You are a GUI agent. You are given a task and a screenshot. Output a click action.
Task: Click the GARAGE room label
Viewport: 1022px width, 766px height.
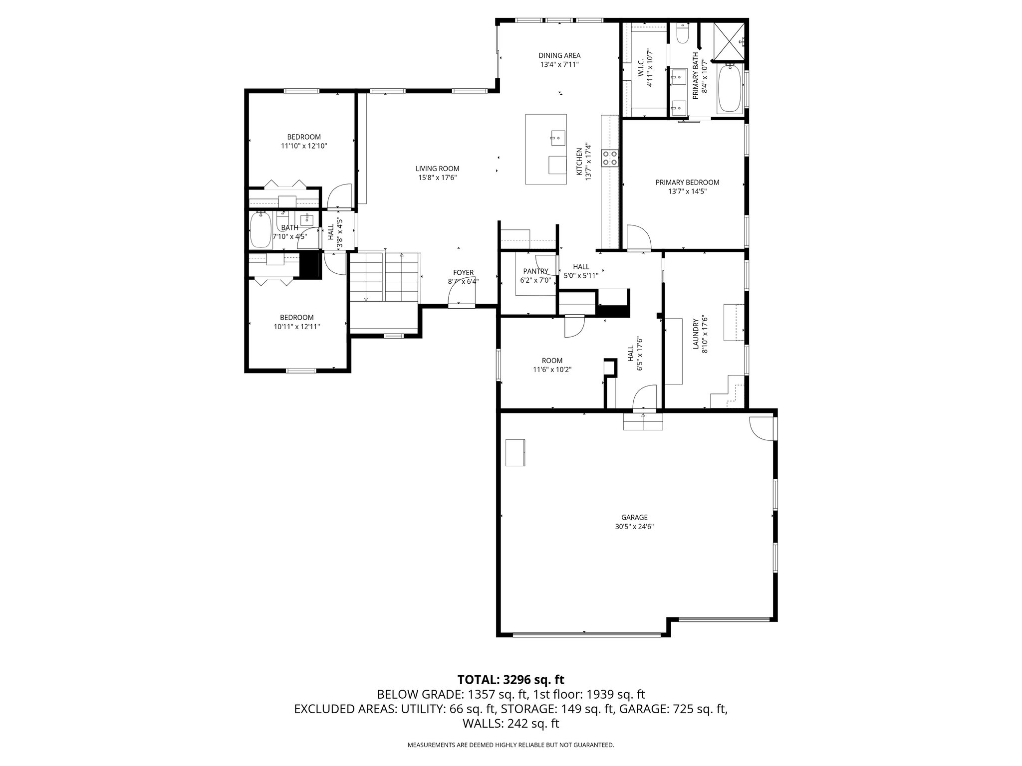[634, 517]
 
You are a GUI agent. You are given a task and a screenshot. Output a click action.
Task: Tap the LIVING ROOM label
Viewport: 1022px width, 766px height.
[437, 169]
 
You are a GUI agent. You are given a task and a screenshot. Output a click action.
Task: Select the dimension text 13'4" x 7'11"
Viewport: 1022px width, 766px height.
[559, 64]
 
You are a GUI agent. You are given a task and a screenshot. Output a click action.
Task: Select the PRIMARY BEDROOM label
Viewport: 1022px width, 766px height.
[687, 183]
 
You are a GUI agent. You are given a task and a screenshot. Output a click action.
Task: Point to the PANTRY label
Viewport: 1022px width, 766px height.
[535, 271]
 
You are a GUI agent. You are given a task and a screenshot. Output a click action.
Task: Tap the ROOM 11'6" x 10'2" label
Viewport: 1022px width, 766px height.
[552, 361]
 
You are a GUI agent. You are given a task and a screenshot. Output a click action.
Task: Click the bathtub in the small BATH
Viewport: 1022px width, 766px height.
[260, 229]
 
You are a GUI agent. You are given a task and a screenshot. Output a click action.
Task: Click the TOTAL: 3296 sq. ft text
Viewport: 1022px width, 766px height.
[511, 679]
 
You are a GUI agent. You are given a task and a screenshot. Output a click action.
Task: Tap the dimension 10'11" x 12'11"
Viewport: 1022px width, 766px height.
[296, 327]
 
